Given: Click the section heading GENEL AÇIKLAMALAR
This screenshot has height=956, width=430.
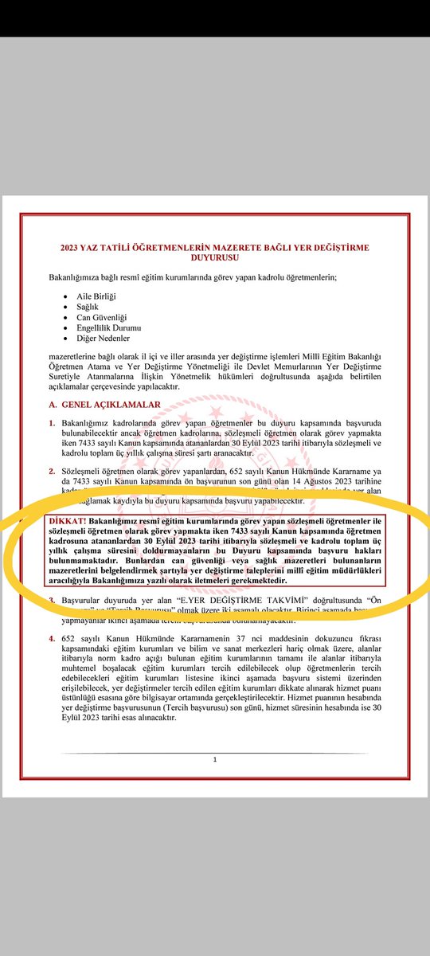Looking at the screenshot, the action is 111,404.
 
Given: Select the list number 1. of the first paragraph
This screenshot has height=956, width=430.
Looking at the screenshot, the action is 52,422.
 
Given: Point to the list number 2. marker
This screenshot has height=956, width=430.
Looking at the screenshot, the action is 52,472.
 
